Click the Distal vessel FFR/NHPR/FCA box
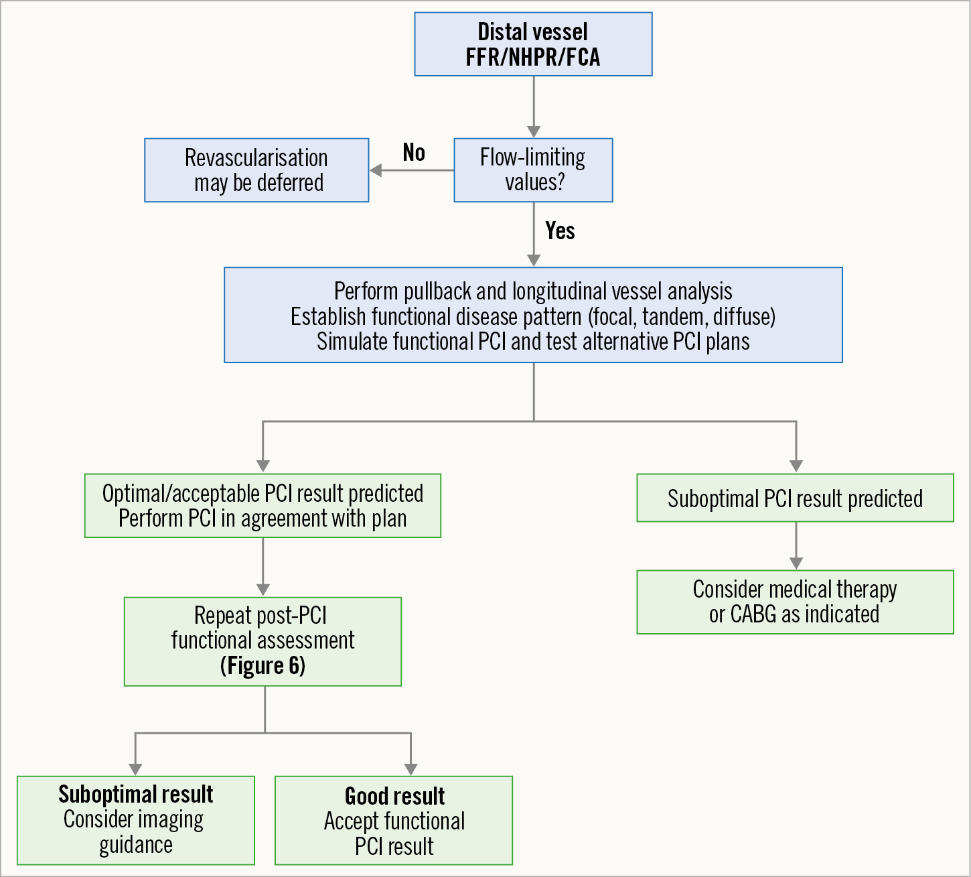coord(533,44)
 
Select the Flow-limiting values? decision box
coord(533,170)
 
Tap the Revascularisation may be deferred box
coord(256,170)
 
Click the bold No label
coord(414,153)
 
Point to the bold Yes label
coord(560,231)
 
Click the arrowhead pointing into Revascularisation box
coord(376,170)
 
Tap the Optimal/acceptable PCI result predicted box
coord(263,506)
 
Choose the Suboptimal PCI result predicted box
coord(795,498)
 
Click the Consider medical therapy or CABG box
coord(795,602)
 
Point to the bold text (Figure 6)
coord(263,666)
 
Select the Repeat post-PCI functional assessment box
coord(263,641)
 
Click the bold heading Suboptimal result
coord(136,795)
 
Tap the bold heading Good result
coord(394,797)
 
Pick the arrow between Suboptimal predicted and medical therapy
coord(796,546)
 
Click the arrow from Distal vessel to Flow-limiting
coord(534,107)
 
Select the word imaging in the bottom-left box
coord(171,820)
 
